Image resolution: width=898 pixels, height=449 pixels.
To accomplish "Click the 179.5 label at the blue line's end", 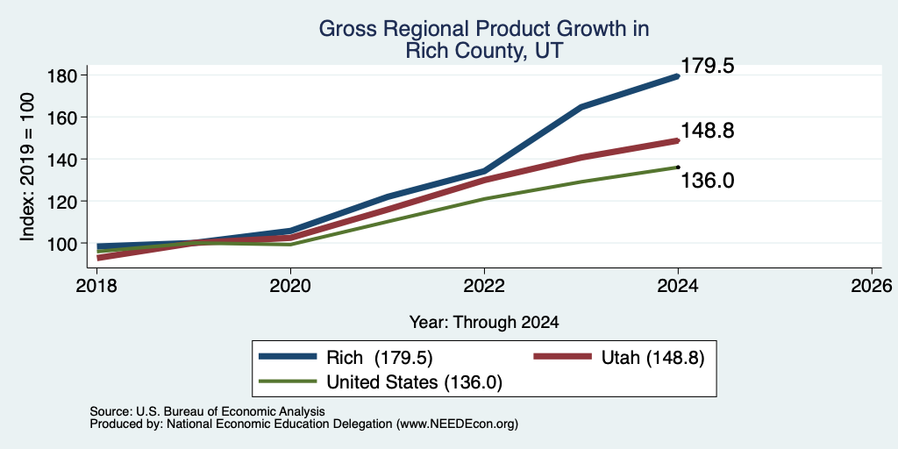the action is (708, 66).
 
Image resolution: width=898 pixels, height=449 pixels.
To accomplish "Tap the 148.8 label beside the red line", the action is (708, 132).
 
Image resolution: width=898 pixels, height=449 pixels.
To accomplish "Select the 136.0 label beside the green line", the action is (708, 181).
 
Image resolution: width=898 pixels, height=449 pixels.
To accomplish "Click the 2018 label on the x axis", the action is (97, 285).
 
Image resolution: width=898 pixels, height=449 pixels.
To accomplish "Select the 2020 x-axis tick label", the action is (291, 285).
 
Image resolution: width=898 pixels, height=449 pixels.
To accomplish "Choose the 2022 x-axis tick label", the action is (484, 285).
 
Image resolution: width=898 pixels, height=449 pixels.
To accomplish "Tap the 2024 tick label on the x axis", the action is (678, 285).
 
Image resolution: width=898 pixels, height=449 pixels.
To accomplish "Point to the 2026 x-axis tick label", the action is (872, 285).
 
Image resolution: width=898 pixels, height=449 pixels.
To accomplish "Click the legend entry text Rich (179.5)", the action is (379, 358).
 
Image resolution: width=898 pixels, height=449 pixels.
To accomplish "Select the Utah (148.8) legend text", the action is (652, 358).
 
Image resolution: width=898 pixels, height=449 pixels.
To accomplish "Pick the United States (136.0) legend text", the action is (414, 382).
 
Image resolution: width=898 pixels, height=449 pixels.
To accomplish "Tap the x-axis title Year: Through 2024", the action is (484, 323).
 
